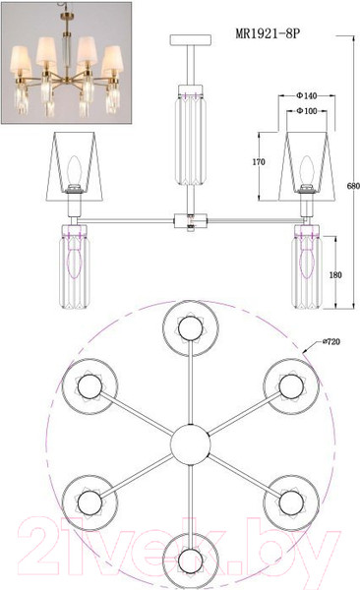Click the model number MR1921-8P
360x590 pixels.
click(268, 34)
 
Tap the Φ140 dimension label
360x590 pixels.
click(307, 96)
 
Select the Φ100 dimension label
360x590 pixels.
click(307, 111)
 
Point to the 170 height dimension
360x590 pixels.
click(259, 162)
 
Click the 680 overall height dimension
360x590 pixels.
click(353, 186)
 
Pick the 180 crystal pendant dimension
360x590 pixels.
click(335, 275)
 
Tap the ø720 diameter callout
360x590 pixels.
click(331, 341)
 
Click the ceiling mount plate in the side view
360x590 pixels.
click(191, 40)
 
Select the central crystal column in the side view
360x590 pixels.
click(192, 135)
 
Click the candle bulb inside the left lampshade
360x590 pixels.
click(74, 171)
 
